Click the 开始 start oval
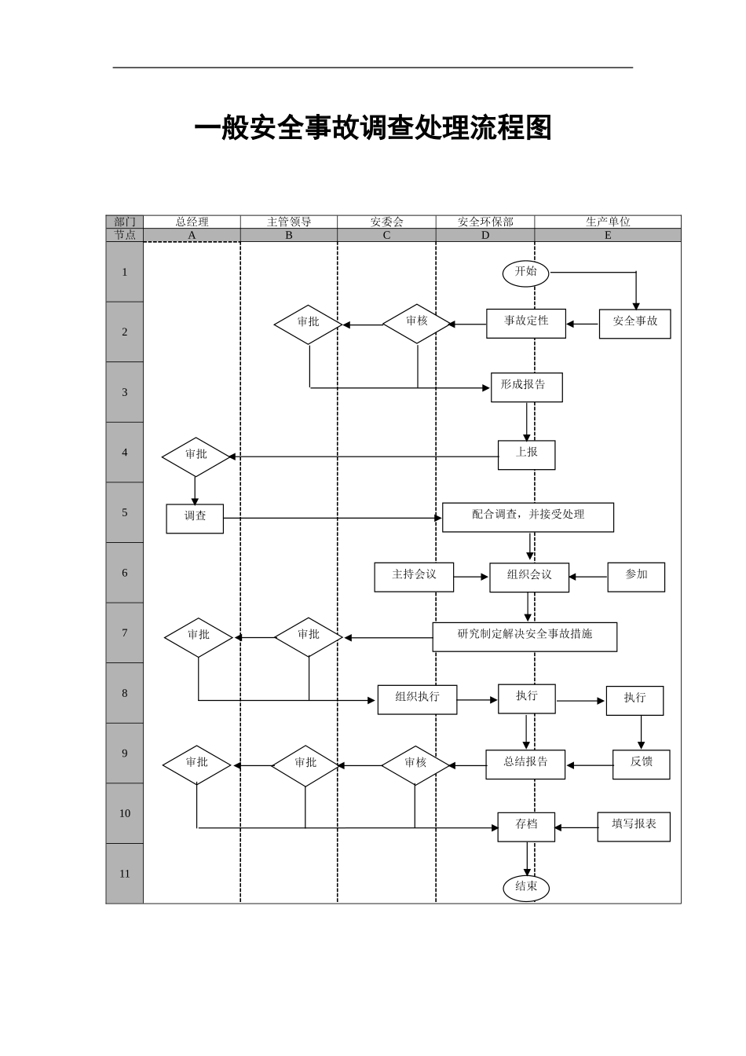click(526, 273)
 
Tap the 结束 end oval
click(526, 888)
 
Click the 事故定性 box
click(526, 323)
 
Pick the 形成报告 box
click(526, 387)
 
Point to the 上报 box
click(526, 454)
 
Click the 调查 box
click(195, 519)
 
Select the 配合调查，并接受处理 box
click(528, 517)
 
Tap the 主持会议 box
click(414, 577)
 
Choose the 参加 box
click(636, 577)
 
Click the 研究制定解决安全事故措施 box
click(525, 636)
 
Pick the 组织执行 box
click(417, 699)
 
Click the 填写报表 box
click(634, 827)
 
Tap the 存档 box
click(526, 827)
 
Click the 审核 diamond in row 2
click(417, 323)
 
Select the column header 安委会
click(386, 222)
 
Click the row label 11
click(125, 874)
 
